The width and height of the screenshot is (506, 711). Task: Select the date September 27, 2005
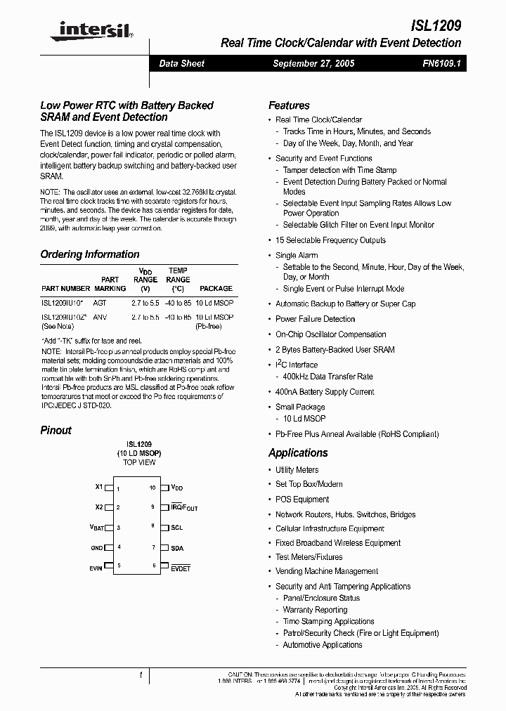coord(313,63)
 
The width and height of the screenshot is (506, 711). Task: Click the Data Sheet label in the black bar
coord(181,63)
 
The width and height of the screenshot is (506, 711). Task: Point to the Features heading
coord(289,105)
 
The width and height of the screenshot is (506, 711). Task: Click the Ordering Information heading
coord(90,254)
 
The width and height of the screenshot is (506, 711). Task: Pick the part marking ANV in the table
coord(100,317)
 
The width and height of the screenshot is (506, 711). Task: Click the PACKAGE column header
coord(216,288)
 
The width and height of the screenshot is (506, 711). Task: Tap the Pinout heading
coord(56,430)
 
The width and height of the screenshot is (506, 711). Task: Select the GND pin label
coord(96,547)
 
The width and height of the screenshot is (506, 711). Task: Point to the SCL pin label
coord(176,528)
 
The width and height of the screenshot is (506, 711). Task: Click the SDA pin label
coord(176,548)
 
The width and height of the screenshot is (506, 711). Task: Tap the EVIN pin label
coord(96,566)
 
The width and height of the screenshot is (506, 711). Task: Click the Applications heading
coord(298,453)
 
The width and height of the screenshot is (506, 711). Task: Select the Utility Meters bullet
coord(297,470)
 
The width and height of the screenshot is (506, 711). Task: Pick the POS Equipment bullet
coord(302,500)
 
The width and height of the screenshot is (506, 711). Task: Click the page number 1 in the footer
coord(141,675)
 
